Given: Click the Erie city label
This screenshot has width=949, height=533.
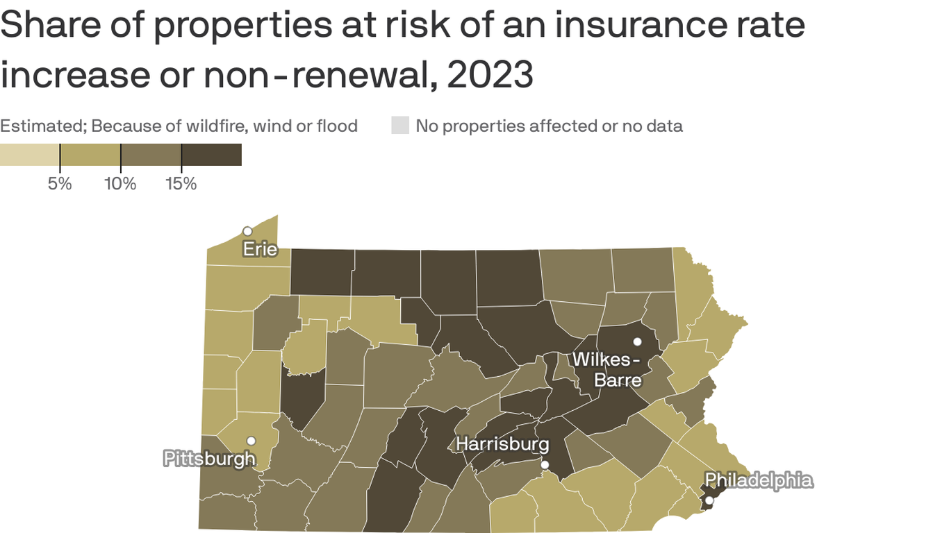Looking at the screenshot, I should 260,248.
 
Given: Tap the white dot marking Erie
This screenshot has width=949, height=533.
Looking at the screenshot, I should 247,231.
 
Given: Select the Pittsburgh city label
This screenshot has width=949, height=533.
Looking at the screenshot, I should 209,458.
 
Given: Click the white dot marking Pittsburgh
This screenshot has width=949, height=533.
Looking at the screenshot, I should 251,441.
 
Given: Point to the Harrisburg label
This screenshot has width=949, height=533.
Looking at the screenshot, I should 502,444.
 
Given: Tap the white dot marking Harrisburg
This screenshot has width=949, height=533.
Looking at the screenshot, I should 545,465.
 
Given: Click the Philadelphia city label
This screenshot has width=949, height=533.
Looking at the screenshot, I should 758,480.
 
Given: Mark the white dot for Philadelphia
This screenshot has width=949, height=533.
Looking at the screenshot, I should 709,500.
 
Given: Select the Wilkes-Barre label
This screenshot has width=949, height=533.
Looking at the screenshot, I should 606,370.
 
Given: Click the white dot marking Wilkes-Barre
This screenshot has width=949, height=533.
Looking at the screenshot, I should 637,341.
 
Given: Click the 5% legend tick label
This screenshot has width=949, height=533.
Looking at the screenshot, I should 60,184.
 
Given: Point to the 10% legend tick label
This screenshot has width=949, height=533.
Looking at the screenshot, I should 120,184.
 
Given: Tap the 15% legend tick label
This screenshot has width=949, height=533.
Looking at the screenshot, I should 181,184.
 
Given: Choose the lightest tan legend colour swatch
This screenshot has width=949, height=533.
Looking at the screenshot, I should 30,155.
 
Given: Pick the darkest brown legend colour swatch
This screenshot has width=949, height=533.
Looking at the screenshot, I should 212,155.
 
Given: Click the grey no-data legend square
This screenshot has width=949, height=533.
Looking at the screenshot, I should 400,126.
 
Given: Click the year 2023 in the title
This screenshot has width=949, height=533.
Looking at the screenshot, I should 490,75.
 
